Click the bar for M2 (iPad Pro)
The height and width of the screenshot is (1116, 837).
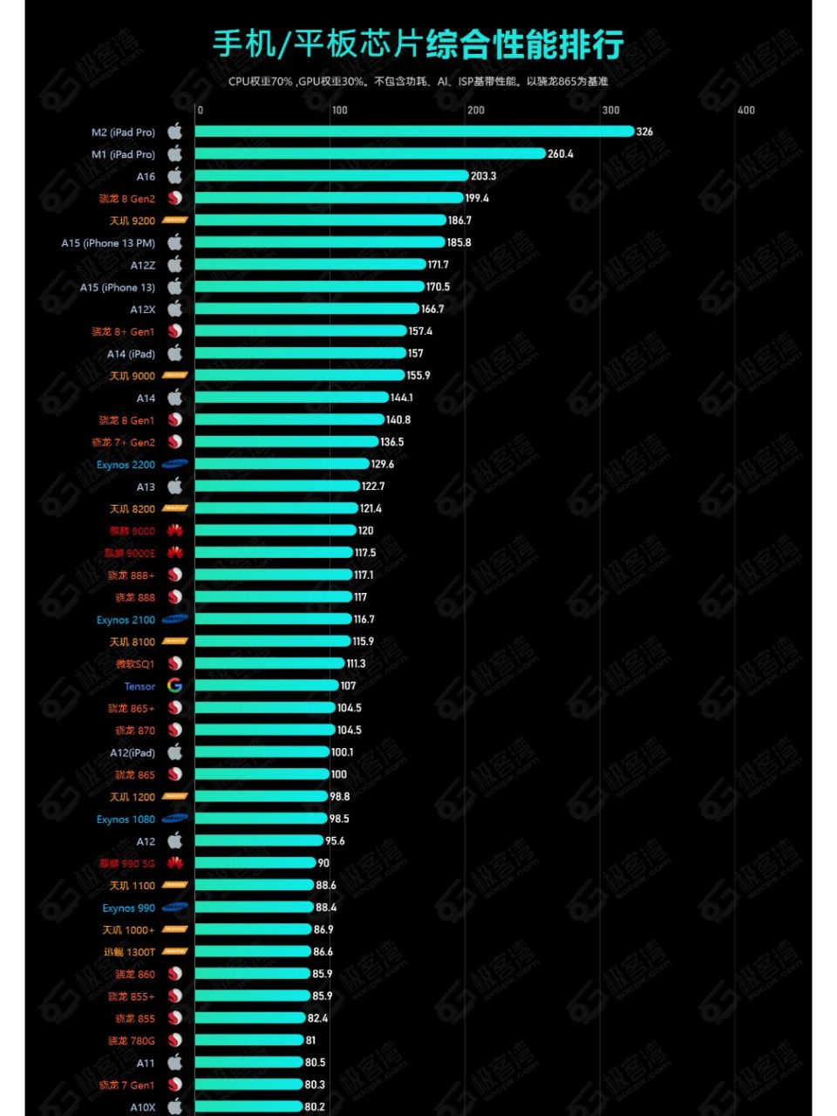point(414,132)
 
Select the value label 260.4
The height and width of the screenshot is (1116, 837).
point(561,154)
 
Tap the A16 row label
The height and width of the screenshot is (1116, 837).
point(146,177)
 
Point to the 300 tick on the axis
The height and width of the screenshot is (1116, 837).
point(611,111)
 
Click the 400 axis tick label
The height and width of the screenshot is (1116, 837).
point(746,111)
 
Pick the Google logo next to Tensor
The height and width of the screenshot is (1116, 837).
point(175,686)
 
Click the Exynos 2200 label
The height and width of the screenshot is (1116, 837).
point(126,465)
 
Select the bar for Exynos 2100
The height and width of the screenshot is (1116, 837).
point(273,619)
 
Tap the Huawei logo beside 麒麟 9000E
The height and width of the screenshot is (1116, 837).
point(175,553)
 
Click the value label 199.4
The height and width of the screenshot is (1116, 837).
point(477,199)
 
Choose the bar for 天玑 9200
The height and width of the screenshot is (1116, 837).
point(320,221)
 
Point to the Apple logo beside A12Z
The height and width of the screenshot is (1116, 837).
point(175,265)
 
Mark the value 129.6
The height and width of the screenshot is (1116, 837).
point(383,465)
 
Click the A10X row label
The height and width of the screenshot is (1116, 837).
point(143,1107)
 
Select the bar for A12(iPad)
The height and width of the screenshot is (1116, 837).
point(262,752)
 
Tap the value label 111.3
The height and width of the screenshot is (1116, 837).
point(356,663)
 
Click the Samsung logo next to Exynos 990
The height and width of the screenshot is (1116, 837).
point(175,908)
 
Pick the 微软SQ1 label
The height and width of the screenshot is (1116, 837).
point(135,664)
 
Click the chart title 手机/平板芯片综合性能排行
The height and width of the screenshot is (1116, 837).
point(418,44)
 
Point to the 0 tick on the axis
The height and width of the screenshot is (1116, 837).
point(201,111)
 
